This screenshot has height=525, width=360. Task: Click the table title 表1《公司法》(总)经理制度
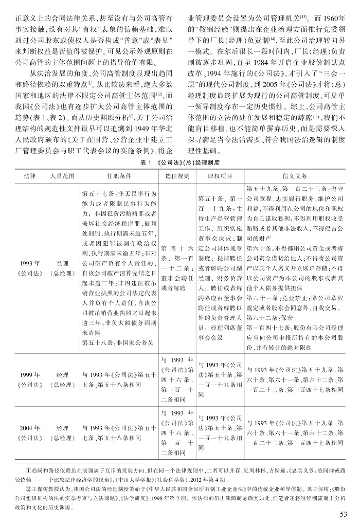(179, 161)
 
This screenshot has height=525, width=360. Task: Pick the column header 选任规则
(176, 175)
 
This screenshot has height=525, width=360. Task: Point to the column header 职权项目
(220, 175)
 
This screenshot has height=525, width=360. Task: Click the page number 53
(344, 514)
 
